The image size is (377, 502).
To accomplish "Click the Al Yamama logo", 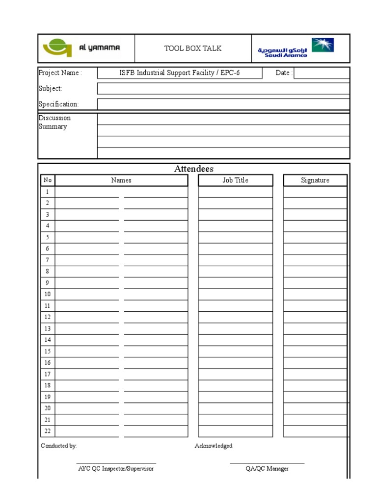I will tap(81, 49).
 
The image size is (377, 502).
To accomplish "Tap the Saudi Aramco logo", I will tap(296, 49).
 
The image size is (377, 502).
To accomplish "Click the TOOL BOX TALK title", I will tap(193, 48).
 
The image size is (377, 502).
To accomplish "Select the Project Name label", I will tap(60, 73).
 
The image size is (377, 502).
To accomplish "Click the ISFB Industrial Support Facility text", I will tap(180, 73).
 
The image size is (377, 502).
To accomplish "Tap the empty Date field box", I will tap(322, 73).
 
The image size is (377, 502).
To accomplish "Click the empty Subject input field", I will tap(223, 88).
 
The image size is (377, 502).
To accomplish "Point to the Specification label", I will tap(58, 104).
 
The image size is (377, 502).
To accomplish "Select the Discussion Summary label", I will tap(54, 122).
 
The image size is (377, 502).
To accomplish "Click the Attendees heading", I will tap(193, 169).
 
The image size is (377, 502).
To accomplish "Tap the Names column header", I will tap(121, 180).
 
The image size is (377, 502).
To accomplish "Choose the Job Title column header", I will tap(236, 180).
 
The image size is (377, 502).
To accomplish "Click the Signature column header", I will tap(315, 180).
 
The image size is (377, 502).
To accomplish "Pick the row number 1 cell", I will tap(48, 192).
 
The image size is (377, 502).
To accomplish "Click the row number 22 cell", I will tap(48, 431).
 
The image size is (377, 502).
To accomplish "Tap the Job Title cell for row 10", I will tap(236, 294).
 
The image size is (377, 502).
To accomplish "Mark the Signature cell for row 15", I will tap(315, 351).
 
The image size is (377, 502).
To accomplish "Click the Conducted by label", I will tap(59, 446).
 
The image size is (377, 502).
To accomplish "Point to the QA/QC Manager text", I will tap(267, 469).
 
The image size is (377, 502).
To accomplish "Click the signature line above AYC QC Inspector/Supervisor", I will tap(116, 463).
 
